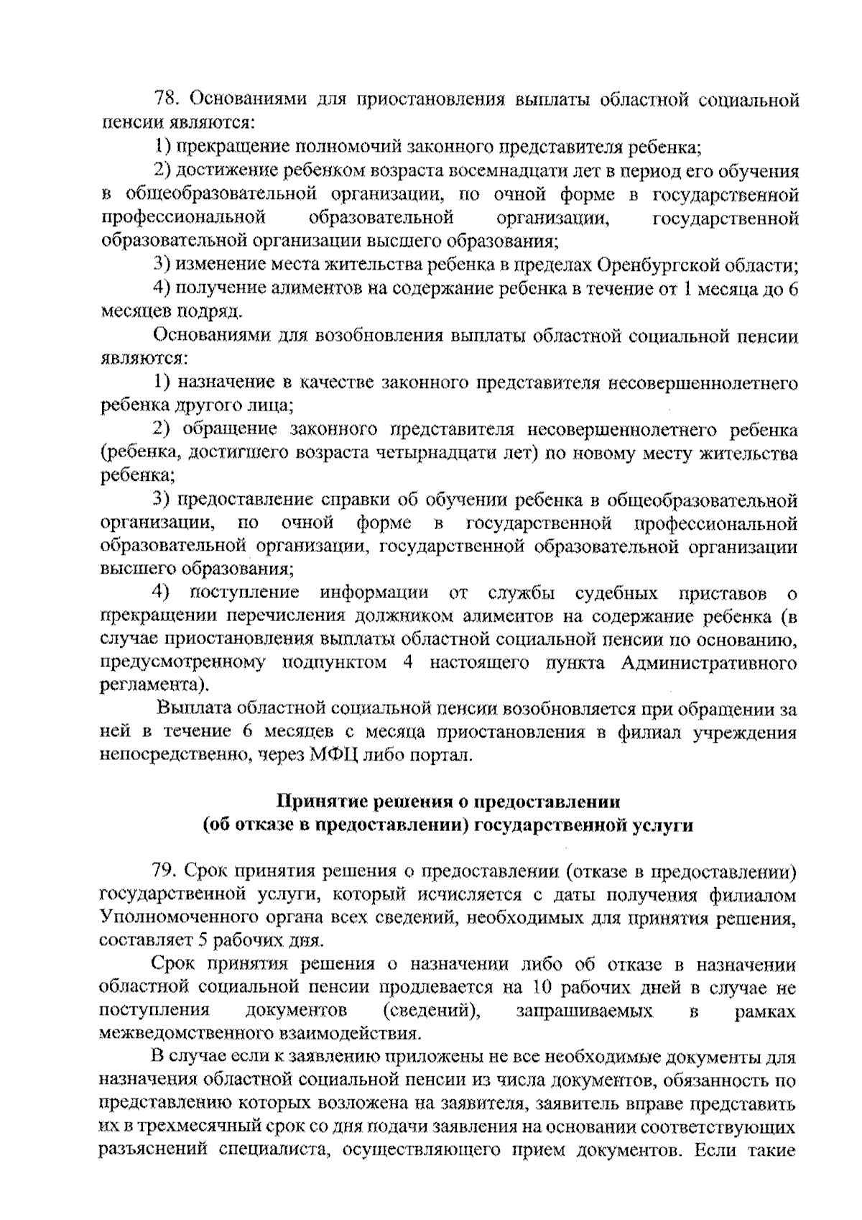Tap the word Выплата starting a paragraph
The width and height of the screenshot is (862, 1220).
click(x=194, y=709)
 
